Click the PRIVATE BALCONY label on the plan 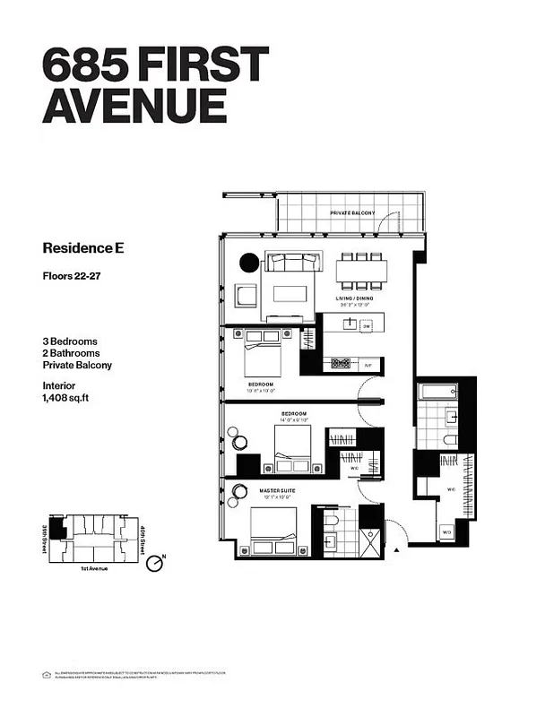point(351,212)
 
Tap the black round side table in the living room point(248,263)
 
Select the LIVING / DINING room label point(356,298)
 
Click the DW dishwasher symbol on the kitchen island point(367,327)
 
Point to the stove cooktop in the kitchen point(341,363)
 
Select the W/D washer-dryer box point(446,532)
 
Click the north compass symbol point(155,564)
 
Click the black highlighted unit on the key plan point(59,531)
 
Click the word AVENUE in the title point(134,107)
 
